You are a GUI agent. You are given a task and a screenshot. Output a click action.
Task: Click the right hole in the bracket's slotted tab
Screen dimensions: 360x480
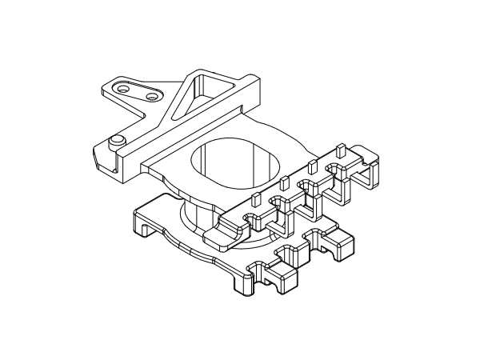151,98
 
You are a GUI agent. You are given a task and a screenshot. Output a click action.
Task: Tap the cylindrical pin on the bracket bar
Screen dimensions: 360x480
118,142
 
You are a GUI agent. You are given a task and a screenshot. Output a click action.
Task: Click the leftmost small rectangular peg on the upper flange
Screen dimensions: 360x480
256,199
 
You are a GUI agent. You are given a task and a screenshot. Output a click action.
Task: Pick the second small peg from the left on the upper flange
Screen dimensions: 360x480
284,181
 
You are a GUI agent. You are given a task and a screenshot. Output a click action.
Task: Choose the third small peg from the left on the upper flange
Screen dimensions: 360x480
313,166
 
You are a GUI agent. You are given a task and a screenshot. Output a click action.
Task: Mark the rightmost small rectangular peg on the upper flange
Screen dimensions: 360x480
340,150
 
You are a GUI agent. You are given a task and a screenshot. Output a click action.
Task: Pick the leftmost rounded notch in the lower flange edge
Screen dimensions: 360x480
260,267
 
